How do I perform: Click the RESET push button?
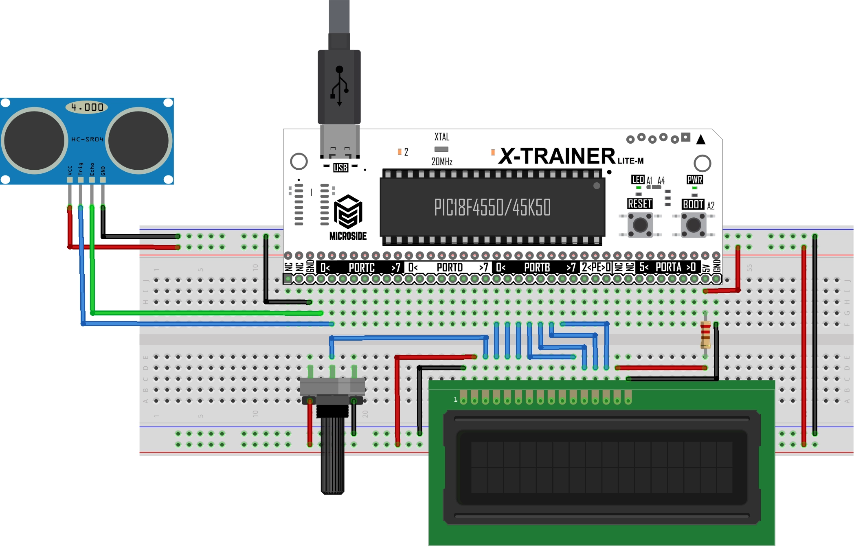(x=640, y=225)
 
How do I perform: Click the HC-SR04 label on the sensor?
(x=87, y=139)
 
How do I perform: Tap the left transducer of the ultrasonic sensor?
(x=35, y=140)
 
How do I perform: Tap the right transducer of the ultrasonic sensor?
(x=138, y=140)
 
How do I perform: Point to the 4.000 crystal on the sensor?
(x=87, y=107)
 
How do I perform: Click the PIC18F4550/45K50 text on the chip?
(x=492, y=208)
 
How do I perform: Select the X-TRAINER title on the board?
(x=557, y=156)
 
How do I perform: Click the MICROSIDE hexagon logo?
(x=348, y=212)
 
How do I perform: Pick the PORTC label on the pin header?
(x=362, y=268)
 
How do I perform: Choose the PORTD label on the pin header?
(x=450, y=268)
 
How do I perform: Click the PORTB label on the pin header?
(x=537, y=268)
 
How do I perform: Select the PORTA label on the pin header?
(x=668, y=267)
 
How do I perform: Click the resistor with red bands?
(x=705, y=335)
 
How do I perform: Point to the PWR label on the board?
(x=694, y=179)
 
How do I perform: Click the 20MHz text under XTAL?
(x=442, y=162)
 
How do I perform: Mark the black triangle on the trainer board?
(x=701, y=140)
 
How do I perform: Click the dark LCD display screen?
(x=602, y=467)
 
